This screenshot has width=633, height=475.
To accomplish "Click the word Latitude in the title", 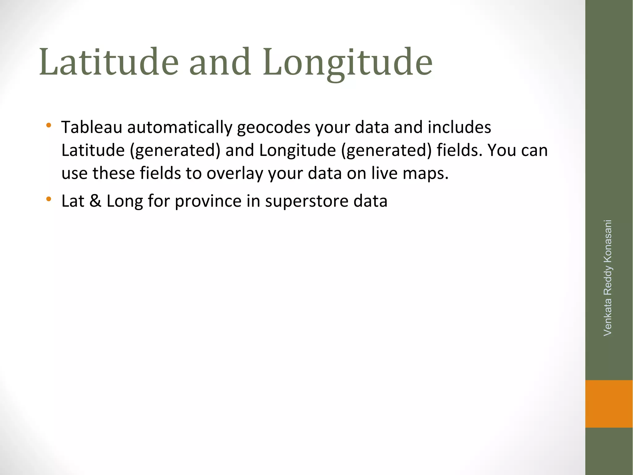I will click(109, 62).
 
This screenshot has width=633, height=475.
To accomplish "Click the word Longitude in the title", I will click(347, 62).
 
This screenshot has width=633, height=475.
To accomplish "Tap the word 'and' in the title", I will click(220, 62).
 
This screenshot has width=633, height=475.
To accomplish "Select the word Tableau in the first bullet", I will click(92, 127).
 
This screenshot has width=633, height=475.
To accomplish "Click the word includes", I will click(459, 127).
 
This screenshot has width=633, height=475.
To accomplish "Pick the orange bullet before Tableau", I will click(48, 126).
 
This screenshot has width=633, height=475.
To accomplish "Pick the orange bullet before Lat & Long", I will click(48, 199).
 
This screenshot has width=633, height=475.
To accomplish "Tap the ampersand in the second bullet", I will click(95, 201).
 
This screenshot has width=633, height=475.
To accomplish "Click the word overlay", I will click(235, 173).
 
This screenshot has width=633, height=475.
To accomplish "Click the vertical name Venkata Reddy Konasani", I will click(608, 278).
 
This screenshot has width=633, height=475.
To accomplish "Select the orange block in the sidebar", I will click(609, 404).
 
